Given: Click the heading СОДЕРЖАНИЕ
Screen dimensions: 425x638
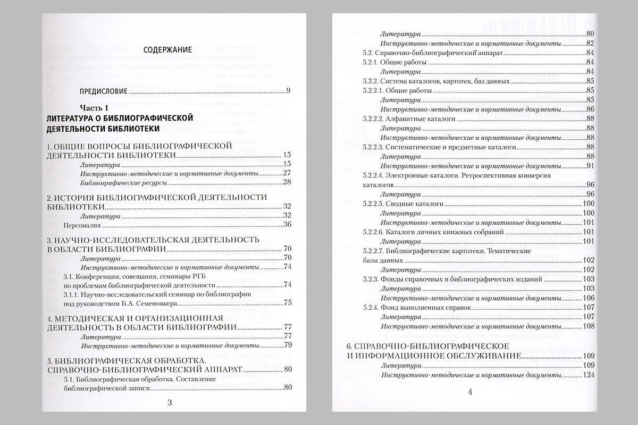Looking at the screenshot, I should [168, 49].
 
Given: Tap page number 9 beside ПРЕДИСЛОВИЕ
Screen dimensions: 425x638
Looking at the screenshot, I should [288, 91].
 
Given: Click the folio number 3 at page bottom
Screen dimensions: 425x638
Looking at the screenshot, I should [169, 402].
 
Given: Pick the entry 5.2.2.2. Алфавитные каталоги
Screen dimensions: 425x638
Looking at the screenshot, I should [409, 119].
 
